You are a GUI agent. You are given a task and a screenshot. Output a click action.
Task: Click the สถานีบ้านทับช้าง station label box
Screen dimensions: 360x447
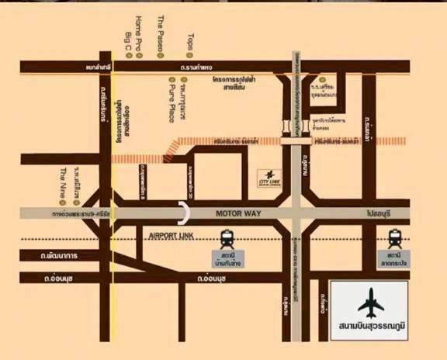[x=228, y=259]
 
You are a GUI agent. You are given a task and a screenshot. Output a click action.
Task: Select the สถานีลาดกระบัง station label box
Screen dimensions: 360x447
[x=394, y=258]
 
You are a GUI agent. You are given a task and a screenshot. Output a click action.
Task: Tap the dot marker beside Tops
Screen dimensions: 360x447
[x=190, y=56]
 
